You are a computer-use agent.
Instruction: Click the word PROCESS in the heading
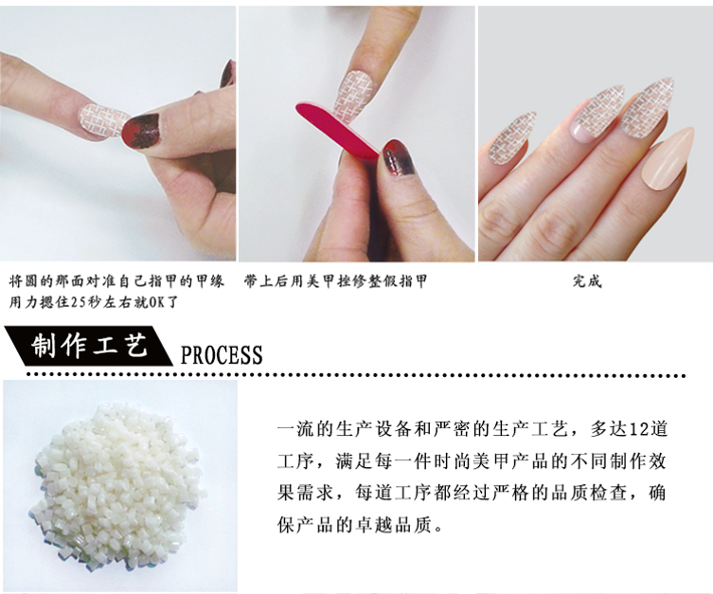[x=222, y=354]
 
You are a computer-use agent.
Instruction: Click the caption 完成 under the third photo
[x=587, y=281]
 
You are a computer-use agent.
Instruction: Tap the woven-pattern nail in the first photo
[x=101, y=120]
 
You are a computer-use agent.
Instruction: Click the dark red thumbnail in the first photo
[x=141, y=131]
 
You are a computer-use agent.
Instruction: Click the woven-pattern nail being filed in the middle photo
[x=354, y=93]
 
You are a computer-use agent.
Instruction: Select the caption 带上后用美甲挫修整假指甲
[x=335, y=281]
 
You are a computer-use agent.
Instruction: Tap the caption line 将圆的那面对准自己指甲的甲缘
[x=116, y=281]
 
